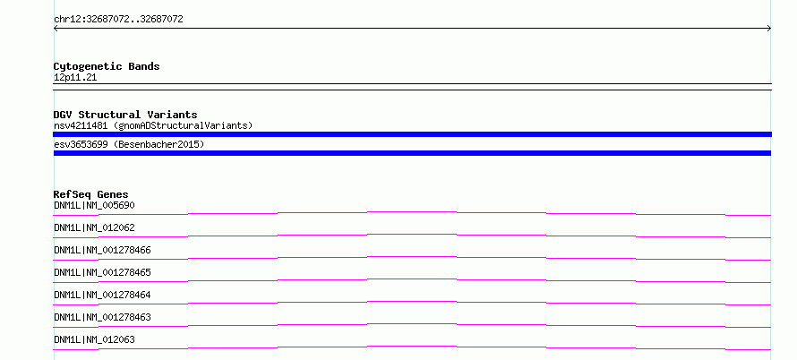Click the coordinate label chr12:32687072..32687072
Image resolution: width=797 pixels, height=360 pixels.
click(118, 20)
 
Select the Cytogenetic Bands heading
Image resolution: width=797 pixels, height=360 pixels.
click(107, 66)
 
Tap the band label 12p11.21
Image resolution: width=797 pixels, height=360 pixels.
click(75, 78)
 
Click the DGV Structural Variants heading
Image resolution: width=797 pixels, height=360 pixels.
click(125, 115)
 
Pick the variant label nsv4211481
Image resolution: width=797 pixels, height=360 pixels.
click(81, 125)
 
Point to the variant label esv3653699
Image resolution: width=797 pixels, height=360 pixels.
click(81, 144)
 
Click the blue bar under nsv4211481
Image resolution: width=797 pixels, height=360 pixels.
click(412, 134)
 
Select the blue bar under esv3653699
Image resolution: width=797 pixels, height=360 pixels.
click(412, 153)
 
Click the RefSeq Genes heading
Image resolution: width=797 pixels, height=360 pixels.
click(91, 194)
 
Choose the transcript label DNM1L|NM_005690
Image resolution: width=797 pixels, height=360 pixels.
click(95, 205)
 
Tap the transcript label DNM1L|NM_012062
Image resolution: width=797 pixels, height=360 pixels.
click(95, 227)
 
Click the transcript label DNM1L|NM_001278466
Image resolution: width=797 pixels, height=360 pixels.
click(103, 250)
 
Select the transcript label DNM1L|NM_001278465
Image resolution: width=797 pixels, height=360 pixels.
click(103, 272)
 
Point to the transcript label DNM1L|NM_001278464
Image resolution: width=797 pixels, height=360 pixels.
click(103, 295)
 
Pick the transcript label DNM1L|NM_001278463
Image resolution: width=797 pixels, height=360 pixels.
click(103, 317)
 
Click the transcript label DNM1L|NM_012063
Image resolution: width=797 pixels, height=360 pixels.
click(95, 339)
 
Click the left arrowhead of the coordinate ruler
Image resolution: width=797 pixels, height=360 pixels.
click(54, 29)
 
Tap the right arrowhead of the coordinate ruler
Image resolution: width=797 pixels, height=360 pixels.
click(771, 29)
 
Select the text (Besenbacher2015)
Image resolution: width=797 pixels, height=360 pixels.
click(159, 144)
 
